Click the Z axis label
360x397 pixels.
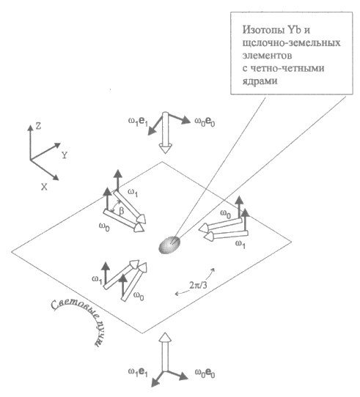[38, 126]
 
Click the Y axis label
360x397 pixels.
[65, 155]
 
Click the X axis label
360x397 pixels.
[45, 187]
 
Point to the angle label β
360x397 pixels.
[122, 211]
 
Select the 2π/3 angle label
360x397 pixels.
[198, 286]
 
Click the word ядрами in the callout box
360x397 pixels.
[260, 81]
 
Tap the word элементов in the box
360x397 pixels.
[267, 56]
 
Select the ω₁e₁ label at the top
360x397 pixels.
[138, 122]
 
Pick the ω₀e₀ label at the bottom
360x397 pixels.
[205, 373]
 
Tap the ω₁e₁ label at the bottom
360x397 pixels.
[138, 372]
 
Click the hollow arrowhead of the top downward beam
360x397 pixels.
[165, 148]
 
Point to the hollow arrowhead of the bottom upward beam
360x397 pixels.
[165, 338]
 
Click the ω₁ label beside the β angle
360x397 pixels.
[133, 193]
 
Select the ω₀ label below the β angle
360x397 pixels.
[104, 227]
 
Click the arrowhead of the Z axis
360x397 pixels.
[30, 127]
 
